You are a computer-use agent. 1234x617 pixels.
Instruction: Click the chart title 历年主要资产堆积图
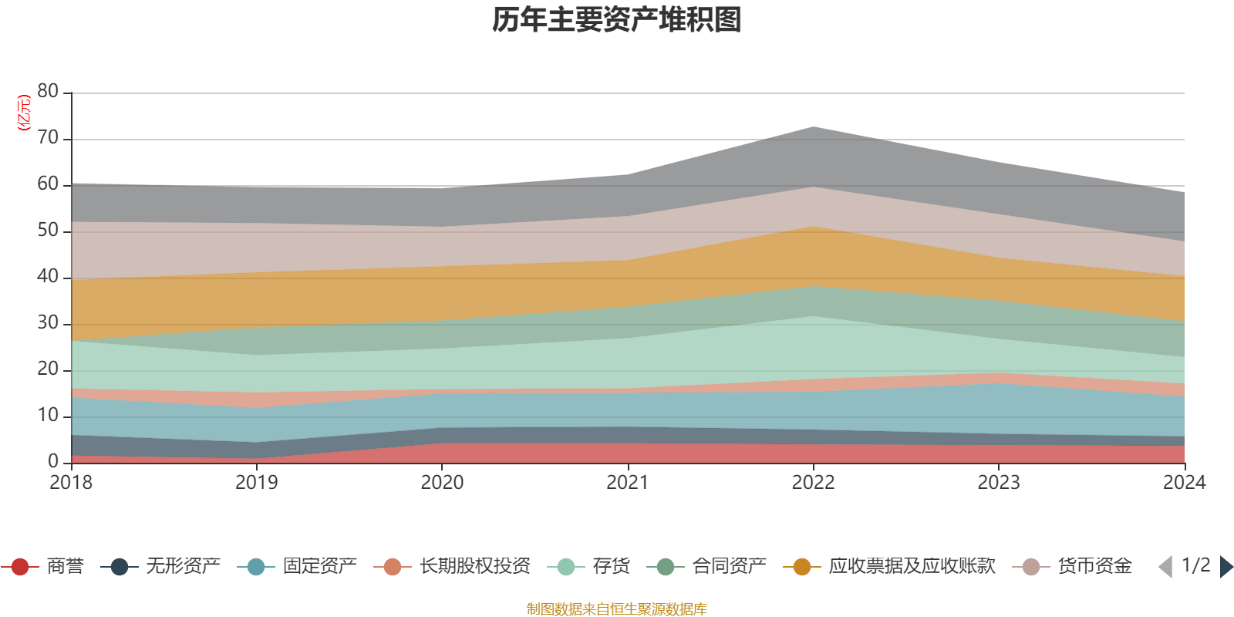[x=617, y=20]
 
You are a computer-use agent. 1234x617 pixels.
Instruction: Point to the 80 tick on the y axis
[x=48, y=92]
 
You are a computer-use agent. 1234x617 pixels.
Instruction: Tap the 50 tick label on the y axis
[x=48, y=231]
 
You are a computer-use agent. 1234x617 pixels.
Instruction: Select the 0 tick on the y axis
[x=53, y=461]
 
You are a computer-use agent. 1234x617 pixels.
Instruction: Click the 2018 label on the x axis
[x=71, y=483]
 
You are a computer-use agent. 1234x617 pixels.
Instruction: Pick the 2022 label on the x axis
[x=813, y=483]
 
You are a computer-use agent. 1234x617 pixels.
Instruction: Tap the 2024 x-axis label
[x=1184, y=483]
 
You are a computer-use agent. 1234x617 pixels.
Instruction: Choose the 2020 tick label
[x=442, y=483]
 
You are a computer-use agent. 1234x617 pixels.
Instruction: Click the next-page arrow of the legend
[x=1226, y=567]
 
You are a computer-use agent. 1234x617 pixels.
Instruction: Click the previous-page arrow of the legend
[x=1165, y=567]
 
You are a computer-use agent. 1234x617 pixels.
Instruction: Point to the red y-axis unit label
[x=24, y=113]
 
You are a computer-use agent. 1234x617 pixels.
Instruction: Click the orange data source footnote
[x=617, y=609]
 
